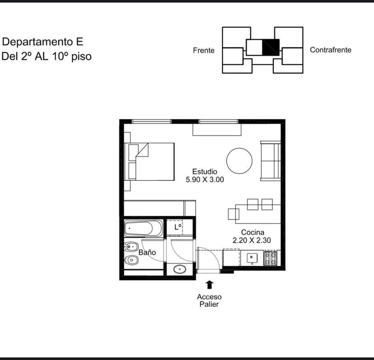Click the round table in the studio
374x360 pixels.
pos(239,161)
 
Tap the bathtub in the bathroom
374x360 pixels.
pos(143,228)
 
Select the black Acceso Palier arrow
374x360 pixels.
pos(210,285)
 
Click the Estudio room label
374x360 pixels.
pos(205,171)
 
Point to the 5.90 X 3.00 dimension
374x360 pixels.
pos(205,180)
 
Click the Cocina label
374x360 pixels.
pos(252,232)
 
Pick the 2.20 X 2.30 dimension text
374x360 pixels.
pos(252,240)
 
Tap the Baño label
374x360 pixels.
pos(147,252)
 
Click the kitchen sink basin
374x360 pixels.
pos(252,258)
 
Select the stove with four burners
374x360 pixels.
pos(271,258)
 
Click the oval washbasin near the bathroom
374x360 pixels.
pos(180,269)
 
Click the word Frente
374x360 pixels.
pos(204,50)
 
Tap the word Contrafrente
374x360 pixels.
pos(331,50)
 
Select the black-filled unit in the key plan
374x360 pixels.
pos(271,47)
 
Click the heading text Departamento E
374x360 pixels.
pos(43,42)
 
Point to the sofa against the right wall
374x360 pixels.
pos(271,161)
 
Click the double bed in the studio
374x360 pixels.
pos(150,162)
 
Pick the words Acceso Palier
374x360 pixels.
pos(209,300)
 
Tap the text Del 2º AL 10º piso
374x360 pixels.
pos(47,56)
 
